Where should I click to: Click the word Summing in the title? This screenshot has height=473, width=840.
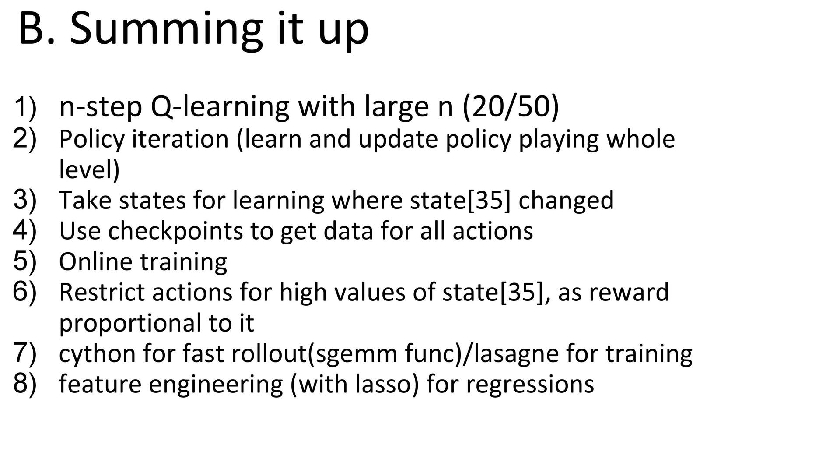[x=166, y=30]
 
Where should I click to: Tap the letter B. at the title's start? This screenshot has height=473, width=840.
[x=37, y=28]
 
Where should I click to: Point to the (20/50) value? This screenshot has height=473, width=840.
[x=511, y=107]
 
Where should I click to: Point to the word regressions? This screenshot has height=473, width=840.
[x=530, y=385]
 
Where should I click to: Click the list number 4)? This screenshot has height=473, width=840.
[x=25, y=230]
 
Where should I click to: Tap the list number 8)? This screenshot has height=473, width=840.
[x=25, y=383]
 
